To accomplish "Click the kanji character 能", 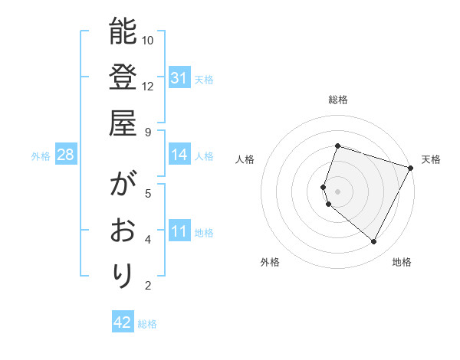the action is [123, 32].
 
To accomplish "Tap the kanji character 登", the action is [123, 78].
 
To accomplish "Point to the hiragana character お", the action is [123, 231].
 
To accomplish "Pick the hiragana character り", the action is [123, 277].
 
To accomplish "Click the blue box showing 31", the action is [179, 78].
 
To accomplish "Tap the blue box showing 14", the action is [179, 155].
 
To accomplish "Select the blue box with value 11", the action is [179, 232].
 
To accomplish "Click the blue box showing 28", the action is [65, 155].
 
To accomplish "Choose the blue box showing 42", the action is [123, 322].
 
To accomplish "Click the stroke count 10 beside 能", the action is [148, 40].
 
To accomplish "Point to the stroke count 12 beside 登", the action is [148, 86].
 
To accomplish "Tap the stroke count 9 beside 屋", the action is [148, 132].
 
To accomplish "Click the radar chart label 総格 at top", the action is [337, 100].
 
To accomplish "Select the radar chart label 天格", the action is [431, 159].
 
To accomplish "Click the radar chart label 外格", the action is [270, 262].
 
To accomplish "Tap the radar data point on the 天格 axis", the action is [411, 168].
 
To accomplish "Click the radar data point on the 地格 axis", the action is [373, 242].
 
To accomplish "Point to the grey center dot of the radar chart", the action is [337, 191].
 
